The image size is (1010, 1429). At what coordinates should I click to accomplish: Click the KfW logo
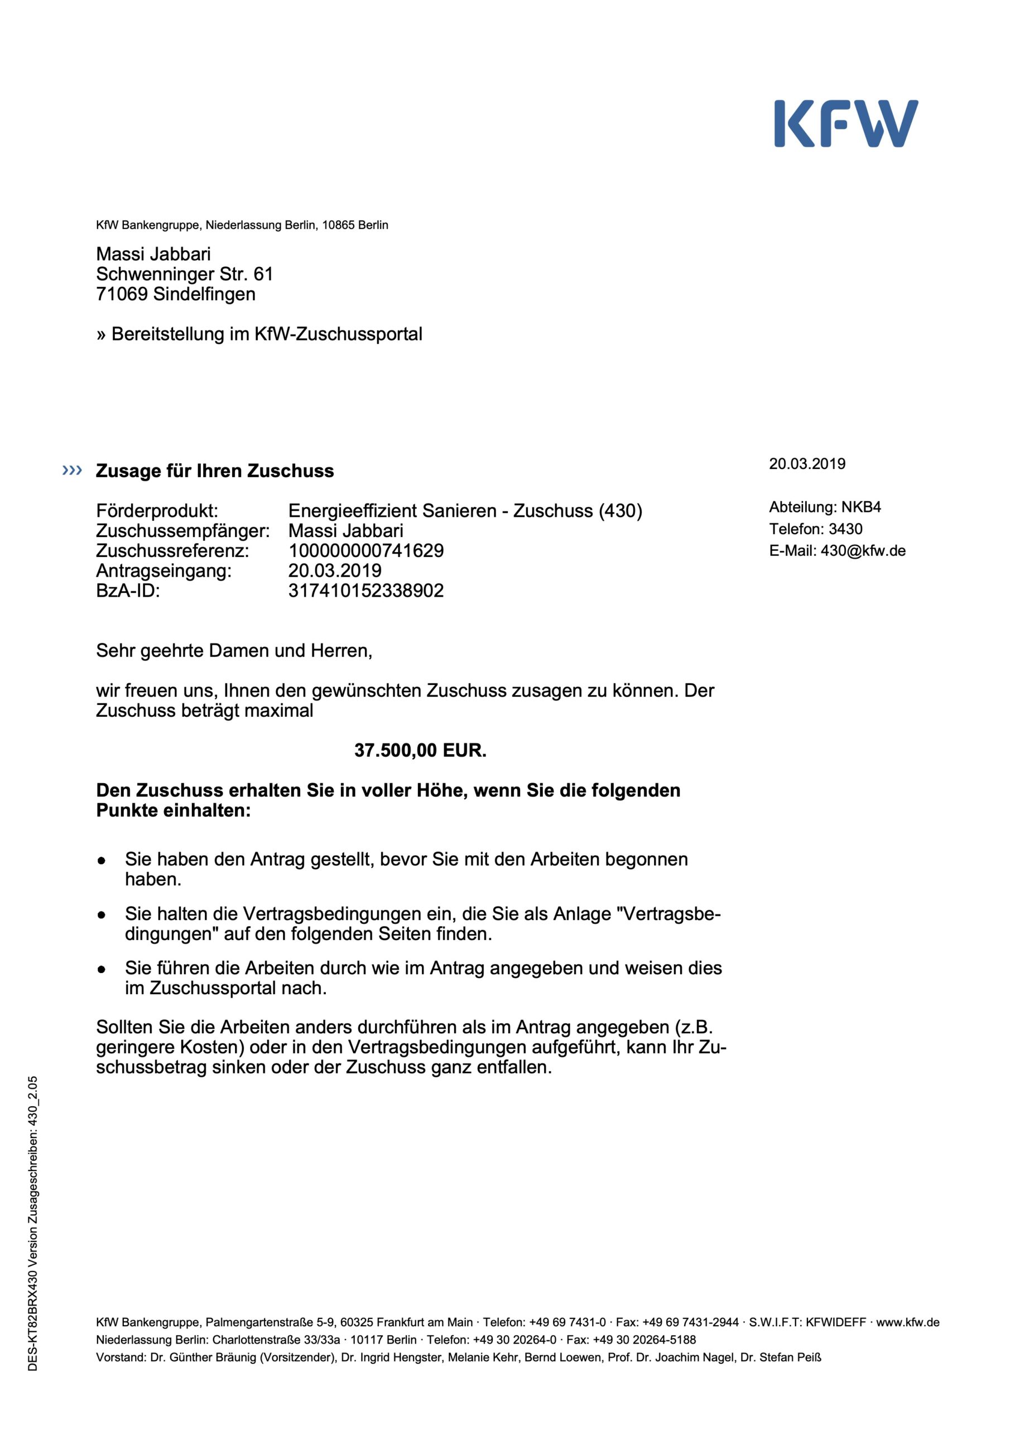click(846, 123)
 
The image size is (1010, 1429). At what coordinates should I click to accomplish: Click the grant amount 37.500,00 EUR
click(420, 750)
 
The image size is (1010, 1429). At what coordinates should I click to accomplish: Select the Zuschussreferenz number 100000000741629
click(366, 550)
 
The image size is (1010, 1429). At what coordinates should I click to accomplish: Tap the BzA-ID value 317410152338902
click(366, 590)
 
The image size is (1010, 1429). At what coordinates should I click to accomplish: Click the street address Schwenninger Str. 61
click(184, 274)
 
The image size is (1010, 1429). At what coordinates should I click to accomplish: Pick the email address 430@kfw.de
click(863, 550)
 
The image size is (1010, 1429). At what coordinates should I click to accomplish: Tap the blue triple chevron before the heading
click(72, 470)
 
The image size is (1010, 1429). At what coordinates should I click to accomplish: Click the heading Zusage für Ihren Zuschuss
click(215, 471)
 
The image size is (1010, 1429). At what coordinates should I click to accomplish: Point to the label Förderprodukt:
click(157, 510)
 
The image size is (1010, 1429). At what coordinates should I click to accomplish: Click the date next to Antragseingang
click(335, 570)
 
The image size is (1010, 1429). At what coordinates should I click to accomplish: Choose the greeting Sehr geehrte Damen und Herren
click(234, 650)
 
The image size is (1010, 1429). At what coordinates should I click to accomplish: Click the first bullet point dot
click(102, 861)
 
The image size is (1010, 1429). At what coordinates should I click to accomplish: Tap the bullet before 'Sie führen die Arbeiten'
click(102, 970)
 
